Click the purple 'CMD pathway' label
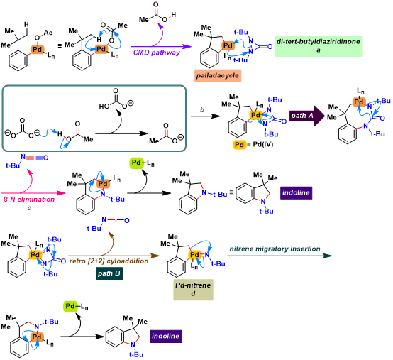[x=157, y=53]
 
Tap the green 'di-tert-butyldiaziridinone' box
[x=319, y=46]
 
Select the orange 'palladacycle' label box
[x=218, y=75]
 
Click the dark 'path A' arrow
[x=307, y=116]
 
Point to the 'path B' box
[x=109, y=273]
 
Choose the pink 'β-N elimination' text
[x=29, y=200]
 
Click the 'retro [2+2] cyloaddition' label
[x=109, y=261]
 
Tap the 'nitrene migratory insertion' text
[x=275, y=249]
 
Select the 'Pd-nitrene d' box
[x=193, y=290]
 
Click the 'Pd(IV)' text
[x=263, y=145]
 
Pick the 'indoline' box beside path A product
[x=296, y=192]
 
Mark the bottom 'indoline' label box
[x=166, y=336]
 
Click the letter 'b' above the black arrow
[x=202, y=110]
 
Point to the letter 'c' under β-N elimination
[x=29, y=208]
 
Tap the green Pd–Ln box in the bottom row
[x=71, y=307]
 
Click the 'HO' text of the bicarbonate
[x=104, y=107]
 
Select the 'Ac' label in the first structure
[x=48, y=33]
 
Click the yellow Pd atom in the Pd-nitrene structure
[x=195, y=255]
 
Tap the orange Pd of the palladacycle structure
[x=228, y=45]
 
